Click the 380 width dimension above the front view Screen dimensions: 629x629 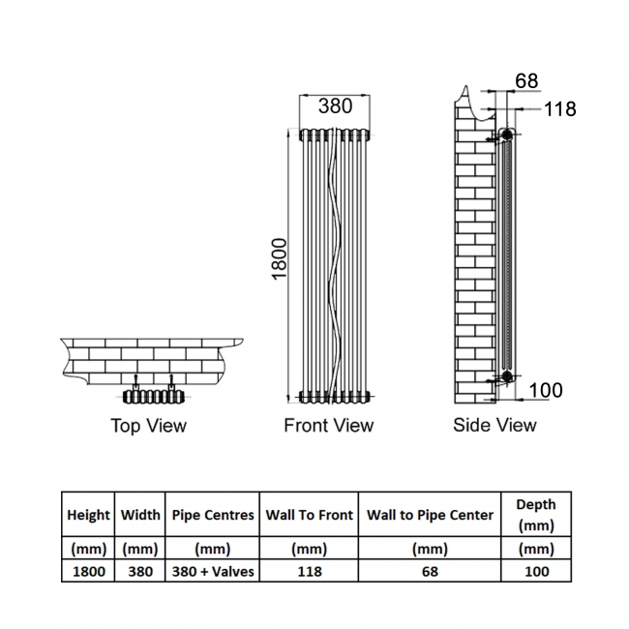336,106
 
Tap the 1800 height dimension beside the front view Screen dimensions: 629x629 280,259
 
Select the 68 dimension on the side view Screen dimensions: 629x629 526,80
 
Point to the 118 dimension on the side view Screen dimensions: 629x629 560,108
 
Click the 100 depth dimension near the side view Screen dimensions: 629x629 546,390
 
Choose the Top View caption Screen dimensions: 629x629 148,426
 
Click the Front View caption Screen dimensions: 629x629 329,425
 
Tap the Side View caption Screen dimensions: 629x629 494,425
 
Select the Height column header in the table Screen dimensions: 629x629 88,515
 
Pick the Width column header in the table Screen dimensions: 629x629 140,515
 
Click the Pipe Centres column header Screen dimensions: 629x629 213,515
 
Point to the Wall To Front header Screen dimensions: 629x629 310,515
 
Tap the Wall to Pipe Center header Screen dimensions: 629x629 430,515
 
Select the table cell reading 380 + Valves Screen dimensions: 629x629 213,571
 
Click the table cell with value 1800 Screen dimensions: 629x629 88,571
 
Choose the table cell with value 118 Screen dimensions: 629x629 310,571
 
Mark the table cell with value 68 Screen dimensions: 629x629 430,571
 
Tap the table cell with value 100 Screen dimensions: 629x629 536,571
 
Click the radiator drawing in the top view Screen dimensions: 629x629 154,397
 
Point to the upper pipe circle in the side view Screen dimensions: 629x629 506,134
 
